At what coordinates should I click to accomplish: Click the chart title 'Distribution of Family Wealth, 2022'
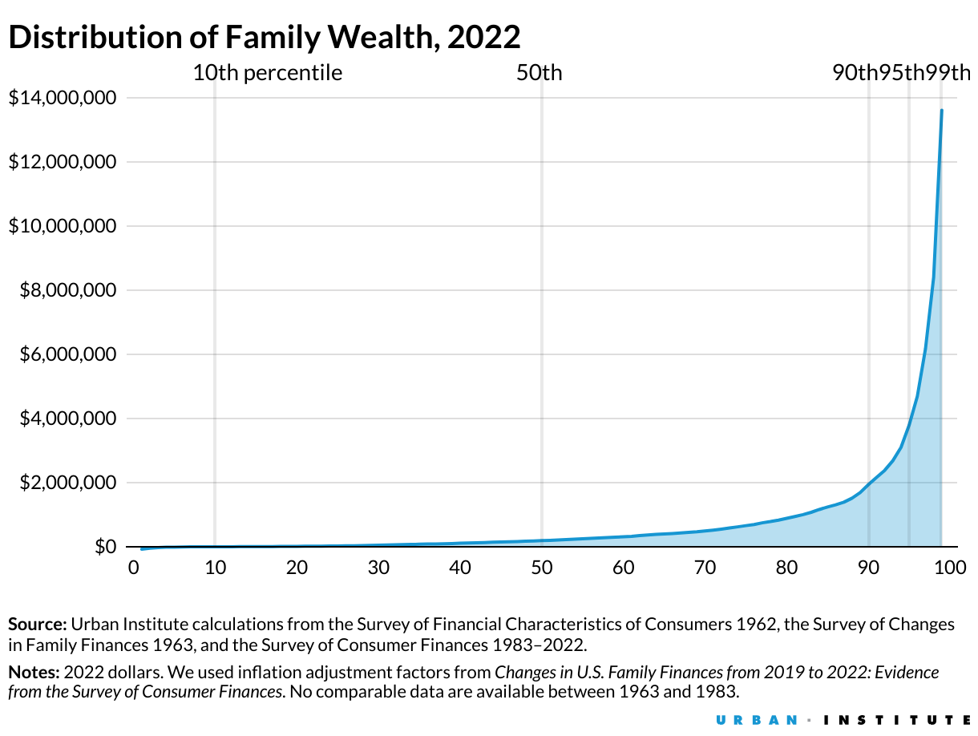coord(265,37)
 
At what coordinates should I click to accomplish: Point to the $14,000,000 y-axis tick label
coord(62,98)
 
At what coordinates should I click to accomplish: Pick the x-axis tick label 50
coord(542,568)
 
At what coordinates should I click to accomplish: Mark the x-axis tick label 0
coord(133,568)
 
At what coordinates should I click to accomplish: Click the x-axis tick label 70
coord(705,568)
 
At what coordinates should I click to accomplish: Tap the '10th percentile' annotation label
coord(267,73)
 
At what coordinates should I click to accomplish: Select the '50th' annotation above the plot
coord(539,73)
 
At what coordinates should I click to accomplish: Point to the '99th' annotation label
coord(949,73)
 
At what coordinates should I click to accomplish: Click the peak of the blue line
coord(941,111)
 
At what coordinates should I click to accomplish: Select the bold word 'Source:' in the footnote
coord(37,625)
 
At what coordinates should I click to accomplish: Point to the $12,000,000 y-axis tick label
coord(62,162)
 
